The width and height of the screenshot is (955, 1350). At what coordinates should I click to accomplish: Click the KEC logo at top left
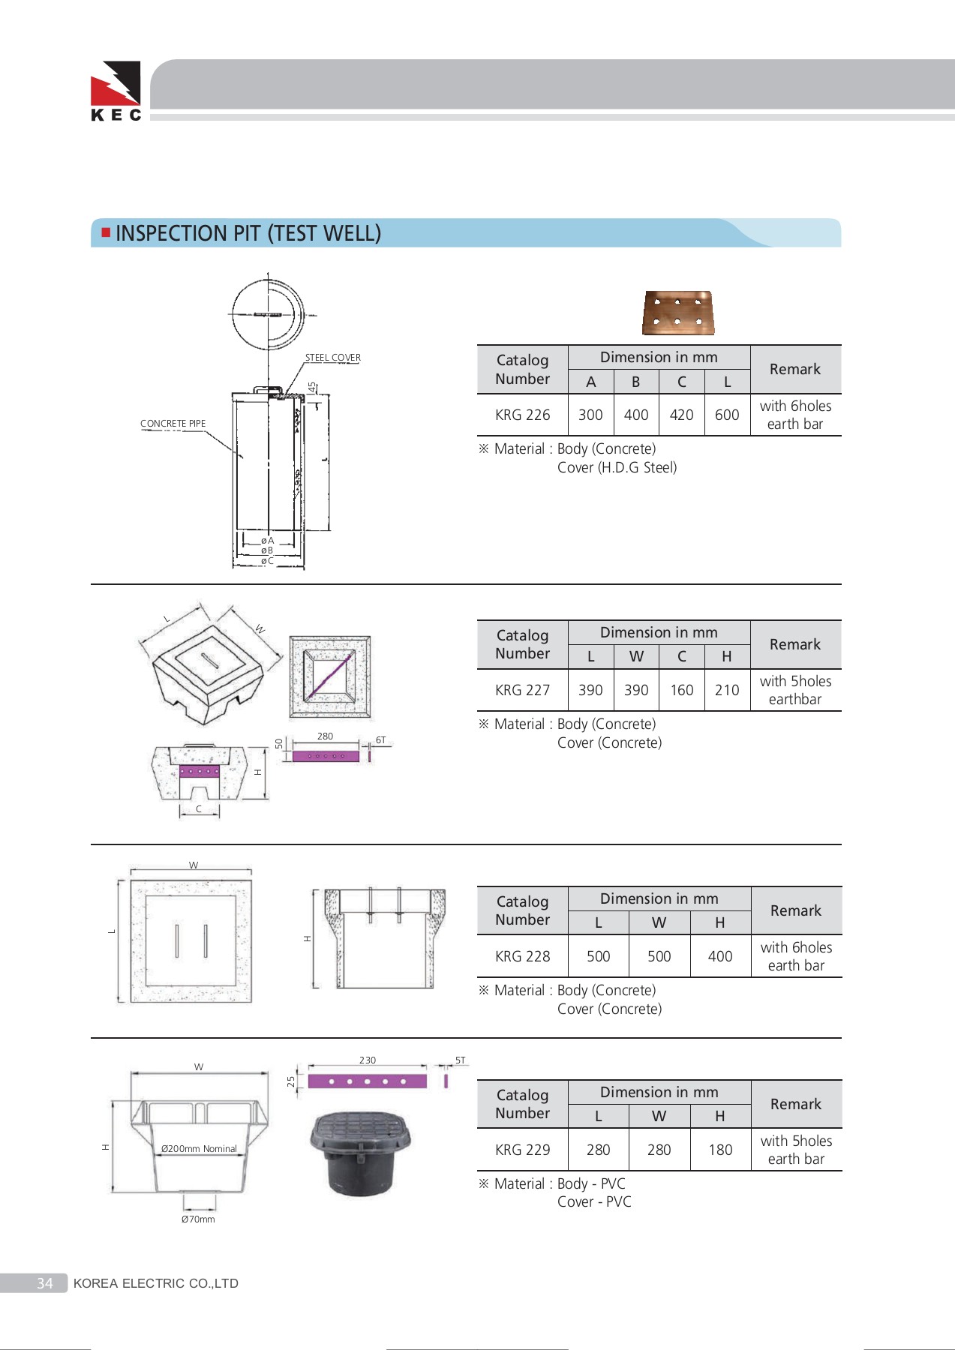pos(116,91)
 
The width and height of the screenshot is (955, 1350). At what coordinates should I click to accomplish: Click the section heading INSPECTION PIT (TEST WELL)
pos(248,233)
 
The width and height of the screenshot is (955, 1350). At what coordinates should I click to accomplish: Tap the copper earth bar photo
pos(678,313)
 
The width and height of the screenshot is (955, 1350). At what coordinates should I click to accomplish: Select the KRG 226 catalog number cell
pos(522,415)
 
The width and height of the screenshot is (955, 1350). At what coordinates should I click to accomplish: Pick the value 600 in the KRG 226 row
pos(726,415)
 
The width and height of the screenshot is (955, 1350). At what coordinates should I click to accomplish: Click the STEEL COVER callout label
pos(332,358)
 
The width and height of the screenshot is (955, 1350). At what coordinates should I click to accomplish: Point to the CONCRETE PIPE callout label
pos(173,424)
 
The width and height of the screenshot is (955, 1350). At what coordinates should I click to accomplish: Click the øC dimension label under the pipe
pos(267,561)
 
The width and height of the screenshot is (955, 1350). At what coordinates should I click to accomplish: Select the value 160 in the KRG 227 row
pos(681,690)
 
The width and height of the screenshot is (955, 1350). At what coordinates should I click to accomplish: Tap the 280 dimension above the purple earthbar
pos(325,736)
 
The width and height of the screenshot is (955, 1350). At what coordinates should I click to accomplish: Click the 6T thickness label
pos(380,740)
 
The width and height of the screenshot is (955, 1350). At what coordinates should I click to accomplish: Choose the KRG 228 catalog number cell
pos(522,956)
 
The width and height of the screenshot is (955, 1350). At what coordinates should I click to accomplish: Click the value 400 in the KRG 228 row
pos(719,956)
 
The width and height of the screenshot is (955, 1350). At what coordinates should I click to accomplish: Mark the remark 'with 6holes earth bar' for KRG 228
pos(795,956)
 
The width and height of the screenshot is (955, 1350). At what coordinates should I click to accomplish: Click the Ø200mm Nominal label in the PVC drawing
pos(199,1149)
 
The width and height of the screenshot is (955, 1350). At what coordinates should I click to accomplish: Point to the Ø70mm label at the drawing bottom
pos(198,1219)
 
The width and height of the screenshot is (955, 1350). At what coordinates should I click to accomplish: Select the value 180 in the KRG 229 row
pos(719,1150)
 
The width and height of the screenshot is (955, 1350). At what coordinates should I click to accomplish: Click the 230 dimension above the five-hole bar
pos(367,1060)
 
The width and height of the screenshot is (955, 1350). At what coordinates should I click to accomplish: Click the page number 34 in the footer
pos(45,1283)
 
